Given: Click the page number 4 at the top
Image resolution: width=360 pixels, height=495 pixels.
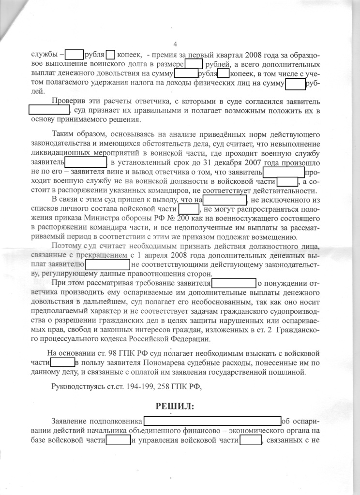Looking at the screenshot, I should coord(175,44).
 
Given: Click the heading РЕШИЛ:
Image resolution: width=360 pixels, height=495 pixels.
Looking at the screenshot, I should coord(174,406).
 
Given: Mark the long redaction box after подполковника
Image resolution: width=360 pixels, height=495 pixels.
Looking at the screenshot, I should coord(212,421).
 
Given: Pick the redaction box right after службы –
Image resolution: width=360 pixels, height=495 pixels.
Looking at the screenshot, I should coord(74,55).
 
